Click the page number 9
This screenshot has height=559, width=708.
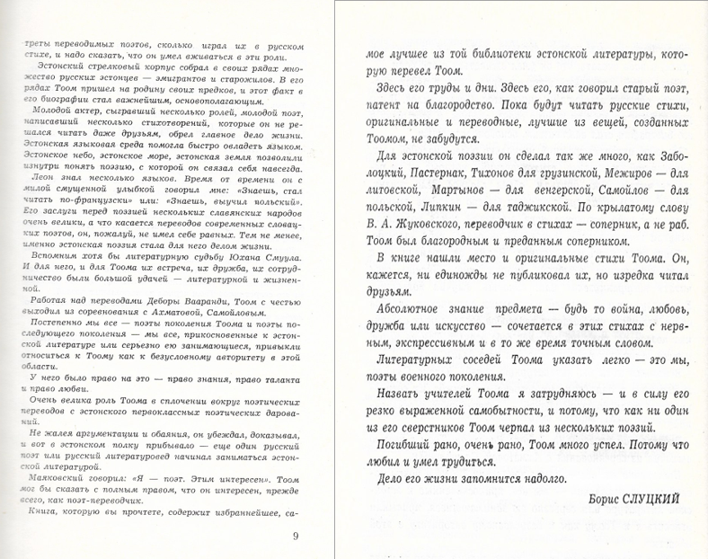(x=296, y=537)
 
